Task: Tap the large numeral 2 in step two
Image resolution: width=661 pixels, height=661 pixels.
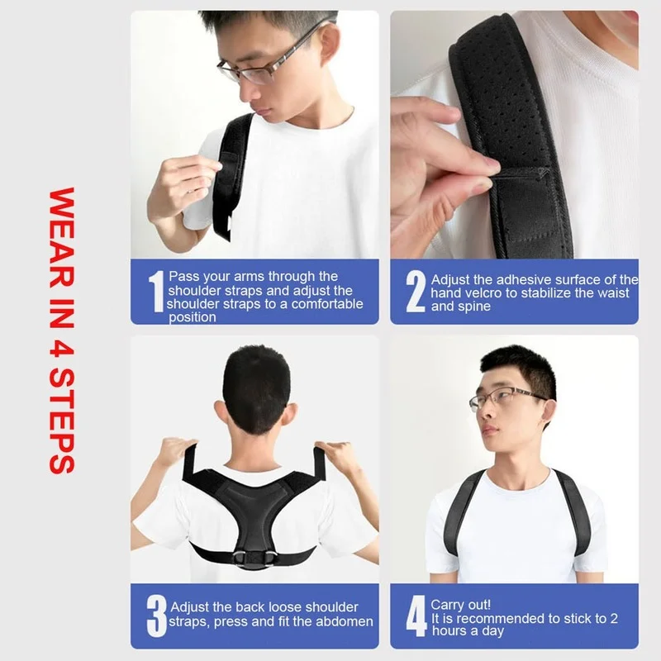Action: point(416,292)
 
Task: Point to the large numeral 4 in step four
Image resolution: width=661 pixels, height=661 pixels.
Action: point(416,616)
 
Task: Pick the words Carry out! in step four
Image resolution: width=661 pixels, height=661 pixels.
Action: point(459,605)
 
